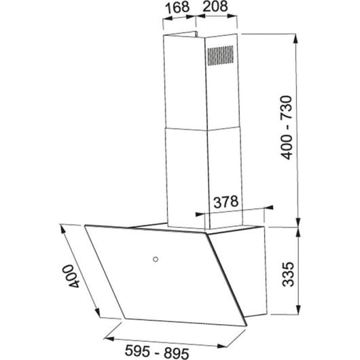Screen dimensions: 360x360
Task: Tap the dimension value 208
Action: (213, 10)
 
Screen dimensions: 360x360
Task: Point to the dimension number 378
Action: (226, 201)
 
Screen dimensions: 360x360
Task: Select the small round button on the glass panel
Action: (156, 259)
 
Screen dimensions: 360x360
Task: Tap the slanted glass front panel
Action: (146, 272)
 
